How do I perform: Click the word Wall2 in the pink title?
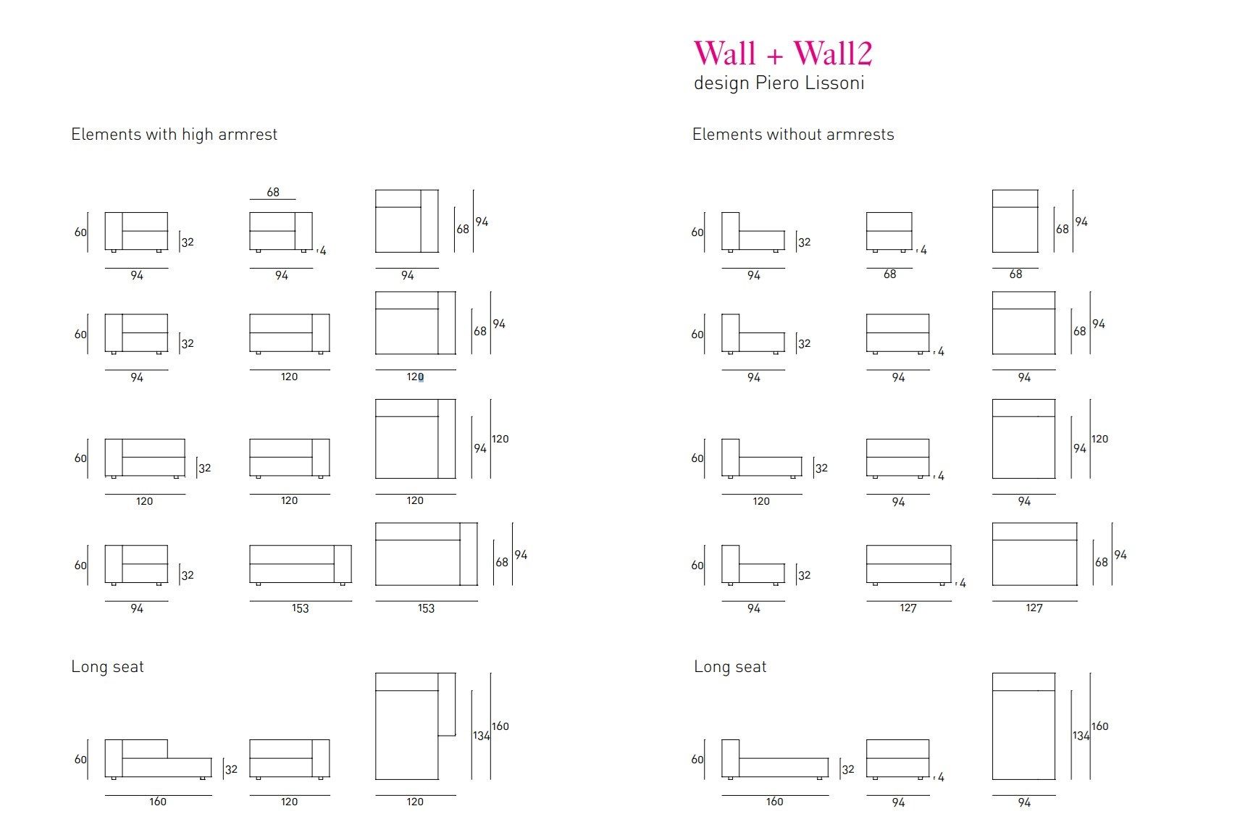[x=833, y=54]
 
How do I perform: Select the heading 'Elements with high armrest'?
[x=174, y=135]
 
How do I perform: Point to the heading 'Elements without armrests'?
[x=793, y=135]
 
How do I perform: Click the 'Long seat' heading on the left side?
[x=107, y=667]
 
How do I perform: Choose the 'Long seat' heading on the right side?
[x=730, y=667]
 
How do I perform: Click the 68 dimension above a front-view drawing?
[x=273, y=192]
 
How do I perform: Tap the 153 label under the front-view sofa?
[x=300, y=608]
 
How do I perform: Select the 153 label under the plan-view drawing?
[x=426, y=608]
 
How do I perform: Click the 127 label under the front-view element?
[x=908, y=608]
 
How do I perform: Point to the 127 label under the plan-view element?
[x=1034, y=608]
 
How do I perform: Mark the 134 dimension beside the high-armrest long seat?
[x=481, y=736]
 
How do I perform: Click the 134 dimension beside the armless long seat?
[x=1081, y=736]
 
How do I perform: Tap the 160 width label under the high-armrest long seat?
[x=158, y=802]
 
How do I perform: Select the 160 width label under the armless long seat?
[x=774, y=802]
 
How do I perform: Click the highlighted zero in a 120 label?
[x=421, y=377]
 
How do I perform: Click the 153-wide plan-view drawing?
[x=426, y=554]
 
